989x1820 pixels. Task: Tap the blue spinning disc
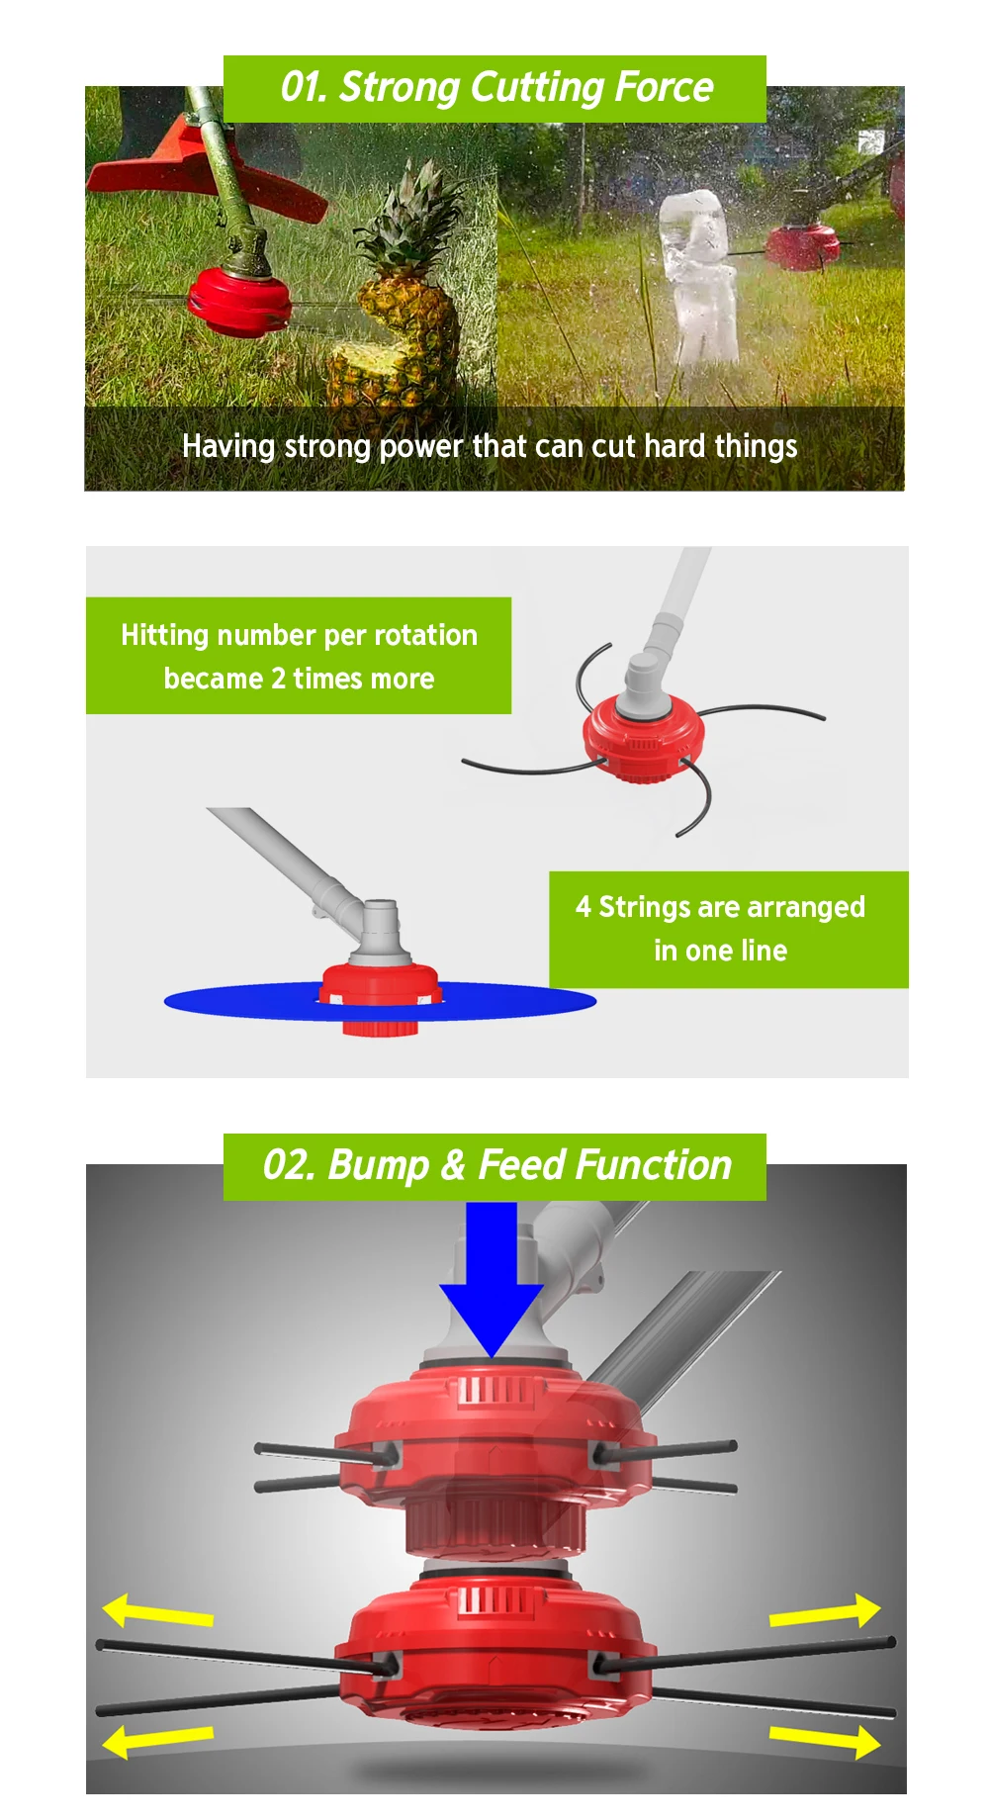click(247, 1001)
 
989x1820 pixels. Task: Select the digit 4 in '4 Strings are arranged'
click(584, 907)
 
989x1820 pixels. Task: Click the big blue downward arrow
click(492, 1276)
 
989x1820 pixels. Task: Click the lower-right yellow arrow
click(827, 1739)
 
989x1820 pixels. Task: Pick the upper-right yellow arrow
click(827, 1612)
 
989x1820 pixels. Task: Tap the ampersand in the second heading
click(453, 1165)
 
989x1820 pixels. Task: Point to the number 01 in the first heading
click(303, 88)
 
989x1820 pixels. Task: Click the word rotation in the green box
click(426, 635)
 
